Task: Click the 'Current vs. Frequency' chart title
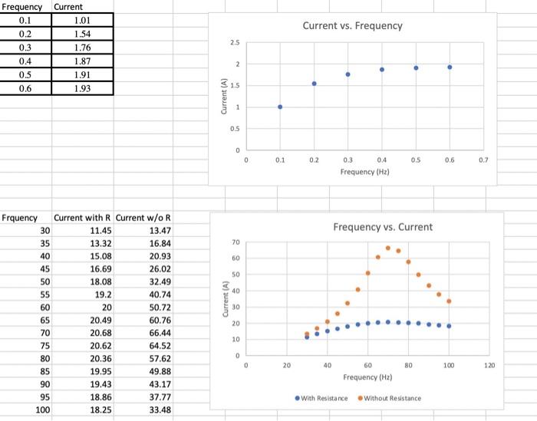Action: (352, 26)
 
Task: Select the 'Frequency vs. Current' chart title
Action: (382, 227)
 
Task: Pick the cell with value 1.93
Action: (82, 89)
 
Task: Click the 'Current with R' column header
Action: (83, 218)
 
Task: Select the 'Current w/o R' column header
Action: (143, 218)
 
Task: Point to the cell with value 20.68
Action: (101, 334)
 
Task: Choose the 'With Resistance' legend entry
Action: (322, 398)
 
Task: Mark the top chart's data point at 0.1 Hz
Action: (280, 107)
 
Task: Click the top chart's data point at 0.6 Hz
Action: (450, 67)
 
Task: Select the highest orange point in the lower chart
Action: (388, 248)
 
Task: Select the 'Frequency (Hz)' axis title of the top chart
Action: (365, 173)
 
